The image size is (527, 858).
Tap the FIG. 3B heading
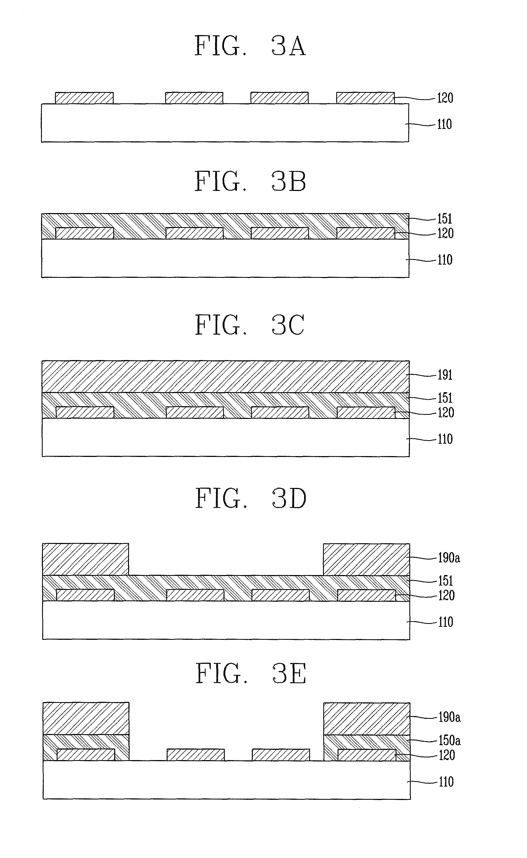250,182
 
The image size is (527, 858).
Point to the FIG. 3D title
250,498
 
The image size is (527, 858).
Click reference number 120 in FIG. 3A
445,98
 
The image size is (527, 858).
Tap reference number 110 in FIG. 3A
444,124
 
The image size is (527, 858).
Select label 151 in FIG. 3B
444,219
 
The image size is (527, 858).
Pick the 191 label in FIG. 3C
445,375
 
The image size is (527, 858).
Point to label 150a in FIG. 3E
449,740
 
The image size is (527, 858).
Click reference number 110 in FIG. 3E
446,782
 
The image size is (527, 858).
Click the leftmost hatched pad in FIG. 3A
84,98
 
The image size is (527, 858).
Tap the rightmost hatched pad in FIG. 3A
365,98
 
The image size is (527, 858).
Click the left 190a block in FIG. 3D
85,559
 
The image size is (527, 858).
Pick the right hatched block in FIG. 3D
366,559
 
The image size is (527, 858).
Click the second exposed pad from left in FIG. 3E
196,754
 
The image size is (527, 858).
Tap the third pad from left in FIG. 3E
281,754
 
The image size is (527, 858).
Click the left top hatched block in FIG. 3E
86,718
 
